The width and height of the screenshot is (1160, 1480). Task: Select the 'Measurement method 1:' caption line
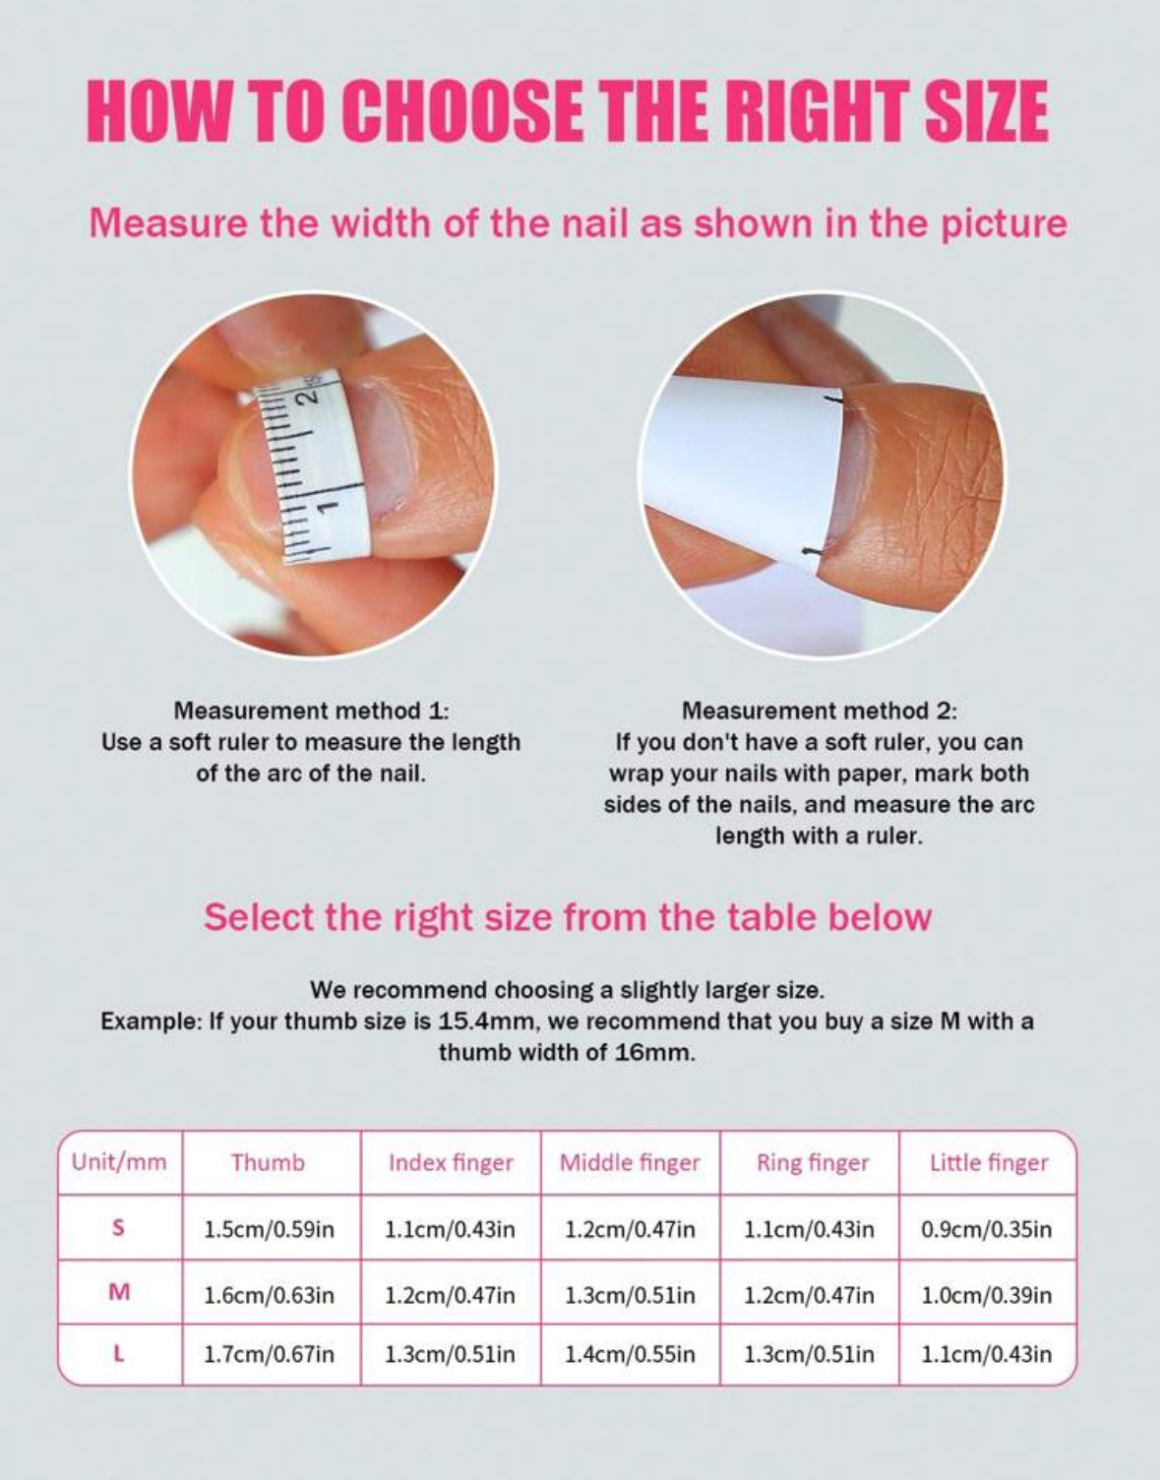pyautogui.click(x=311, y=711)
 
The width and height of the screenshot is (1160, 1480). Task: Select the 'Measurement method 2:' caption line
pyautogui.click(x=819, y=711)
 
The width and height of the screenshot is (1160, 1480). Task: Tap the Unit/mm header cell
pyautogui.click(x=119, y=1161)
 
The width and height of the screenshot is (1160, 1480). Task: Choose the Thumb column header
pyautogui.click(x=268, y=1162)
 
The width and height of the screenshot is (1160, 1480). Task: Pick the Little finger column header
pyautogui.click(x=989, y=1162)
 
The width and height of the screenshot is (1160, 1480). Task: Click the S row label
pyautogui.click(x=118, y=1228)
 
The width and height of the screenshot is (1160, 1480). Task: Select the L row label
pyautogui.click(x=118, y=1354)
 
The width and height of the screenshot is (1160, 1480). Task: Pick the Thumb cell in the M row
pyautogui.click(x=269, y=1294)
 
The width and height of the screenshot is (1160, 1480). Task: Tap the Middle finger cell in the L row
pyautogui.click(x=630, y=1354)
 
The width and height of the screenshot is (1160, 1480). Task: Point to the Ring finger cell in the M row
pyautogui.click(x=809, y=1294)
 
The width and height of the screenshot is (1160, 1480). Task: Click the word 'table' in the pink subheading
pyautogui.click(x=767, y=917)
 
